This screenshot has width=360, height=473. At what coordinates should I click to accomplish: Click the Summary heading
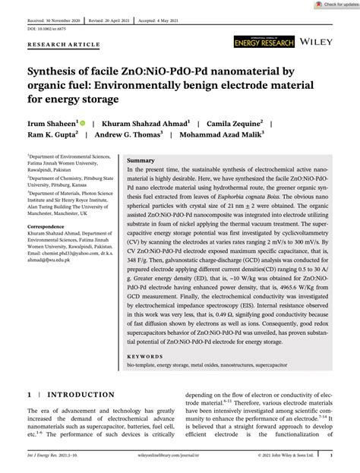pos(140,161)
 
